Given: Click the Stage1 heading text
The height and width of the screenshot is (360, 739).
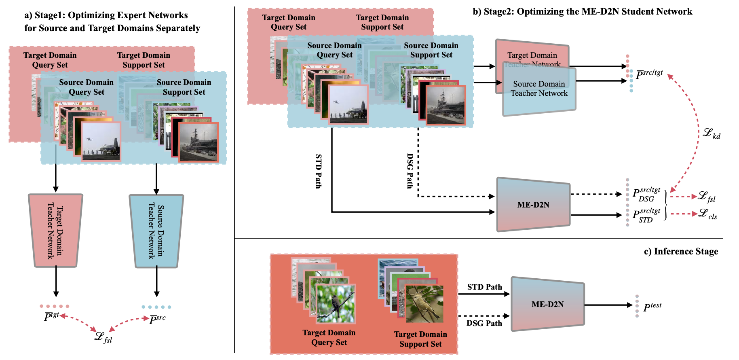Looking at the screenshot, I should tap(112, 21).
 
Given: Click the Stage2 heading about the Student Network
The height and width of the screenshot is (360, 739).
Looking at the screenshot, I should tap(582, 11).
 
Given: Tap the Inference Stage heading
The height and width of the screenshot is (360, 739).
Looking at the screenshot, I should tap(681, 251).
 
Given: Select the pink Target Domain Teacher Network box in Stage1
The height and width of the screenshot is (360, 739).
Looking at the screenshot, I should tap(55, 231).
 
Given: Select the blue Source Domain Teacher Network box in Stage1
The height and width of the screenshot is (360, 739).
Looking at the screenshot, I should tap(156, 231).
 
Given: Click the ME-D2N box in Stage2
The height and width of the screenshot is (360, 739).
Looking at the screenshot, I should tap(533, 205).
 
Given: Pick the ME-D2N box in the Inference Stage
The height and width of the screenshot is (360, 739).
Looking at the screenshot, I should tap(547, 304).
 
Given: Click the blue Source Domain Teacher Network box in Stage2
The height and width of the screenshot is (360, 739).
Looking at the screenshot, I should tap(539, 93).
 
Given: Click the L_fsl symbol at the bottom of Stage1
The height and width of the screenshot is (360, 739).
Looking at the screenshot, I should tap(103, 337).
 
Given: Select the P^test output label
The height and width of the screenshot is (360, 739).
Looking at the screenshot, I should tap(652, 307).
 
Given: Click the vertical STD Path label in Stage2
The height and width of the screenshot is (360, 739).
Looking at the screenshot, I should tap(319, 171).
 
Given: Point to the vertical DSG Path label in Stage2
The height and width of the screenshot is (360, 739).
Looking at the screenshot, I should tap(410, 171).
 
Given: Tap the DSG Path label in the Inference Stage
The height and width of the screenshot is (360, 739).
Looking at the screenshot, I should tap(484, 323).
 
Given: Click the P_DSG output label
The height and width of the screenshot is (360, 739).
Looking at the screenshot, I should tap(646, 194).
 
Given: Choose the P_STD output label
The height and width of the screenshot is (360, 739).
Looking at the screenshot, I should tap(646, 216).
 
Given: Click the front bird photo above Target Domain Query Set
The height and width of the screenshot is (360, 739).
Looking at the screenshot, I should tap(336, 304).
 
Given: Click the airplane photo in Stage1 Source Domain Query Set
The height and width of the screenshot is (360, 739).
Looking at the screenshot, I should tap(101, 142).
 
